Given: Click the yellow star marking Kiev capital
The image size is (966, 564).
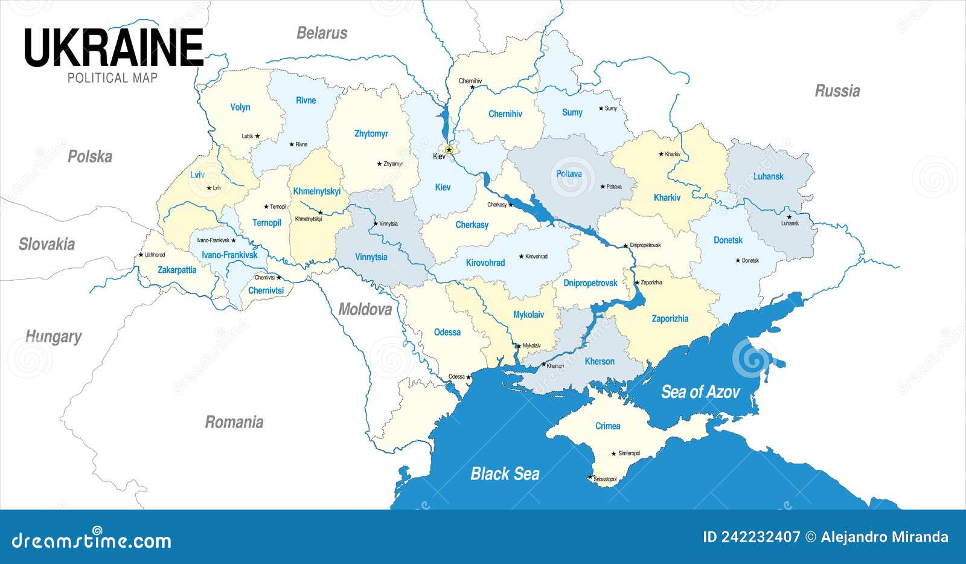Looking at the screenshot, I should tap(449, 150).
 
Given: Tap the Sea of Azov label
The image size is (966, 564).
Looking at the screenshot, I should tap(700, 393).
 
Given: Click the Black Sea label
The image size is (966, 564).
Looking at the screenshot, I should tap(505, 474).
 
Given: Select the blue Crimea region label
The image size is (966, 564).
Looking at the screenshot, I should tap(607, 426).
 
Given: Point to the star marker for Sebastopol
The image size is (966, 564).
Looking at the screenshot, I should tap(590, 478).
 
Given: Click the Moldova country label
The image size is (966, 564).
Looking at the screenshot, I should tap(365, 310).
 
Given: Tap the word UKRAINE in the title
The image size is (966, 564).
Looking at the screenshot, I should tap(114, 48).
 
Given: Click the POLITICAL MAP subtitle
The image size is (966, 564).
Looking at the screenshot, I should tap(112, 78).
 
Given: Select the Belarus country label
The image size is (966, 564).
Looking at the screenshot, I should tap(322, 33).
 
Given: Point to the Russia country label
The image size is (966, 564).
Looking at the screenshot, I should tap(837, 91).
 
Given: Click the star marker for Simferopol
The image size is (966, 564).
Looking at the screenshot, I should tap(614, 453).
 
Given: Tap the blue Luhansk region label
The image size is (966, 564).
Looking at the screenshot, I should tap(768, 176).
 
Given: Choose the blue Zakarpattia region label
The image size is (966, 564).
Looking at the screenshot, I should tap(177, 270).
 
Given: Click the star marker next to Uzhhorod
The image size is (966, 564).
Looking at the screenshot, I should tap(141, 255).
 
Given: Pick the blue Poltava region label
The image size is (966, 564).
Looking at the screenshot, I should tap(569, 174).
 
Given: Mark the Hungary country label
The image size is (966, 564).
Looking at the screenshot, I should tap(53, 336).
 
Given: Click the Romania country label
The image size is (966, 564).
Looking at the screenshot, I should tap(234, 422).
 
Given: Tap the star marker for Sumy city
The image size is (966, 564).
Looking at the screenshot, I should tap(601, 109).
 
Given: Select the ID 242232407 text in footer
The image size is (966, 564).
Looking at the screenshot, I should tap(751, 537).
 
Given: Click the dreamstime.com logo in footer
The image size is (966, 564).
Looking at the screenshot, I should tap(92, 540).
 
